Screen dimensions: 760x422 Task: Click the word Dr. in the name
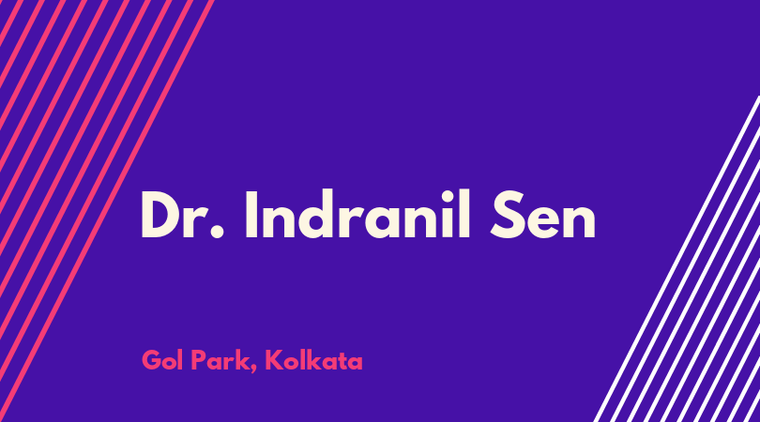point(183,214)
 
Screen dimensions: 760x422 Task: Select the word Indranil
point(358,214)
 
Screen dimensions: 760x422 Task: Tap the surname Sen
point(543,214)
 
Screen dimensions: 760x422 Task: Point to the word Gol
point(162,360)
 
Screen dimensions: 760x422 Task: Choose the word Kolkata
point(313,360)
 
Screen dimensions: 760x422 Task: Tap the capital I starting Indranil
point(251,214)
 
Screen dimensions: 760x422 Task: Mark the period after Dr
point(218,232)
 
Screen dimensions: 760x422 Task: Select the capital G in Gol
point(152,360)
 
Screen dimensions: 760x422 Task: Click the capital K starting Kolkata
point(273,360)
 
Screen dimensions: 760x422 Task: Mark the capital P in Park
point(198,360)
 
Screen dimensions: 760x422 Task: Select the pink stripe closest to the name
point(106,211)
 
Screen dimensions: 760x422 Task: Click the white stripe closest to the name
point(676,259)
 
